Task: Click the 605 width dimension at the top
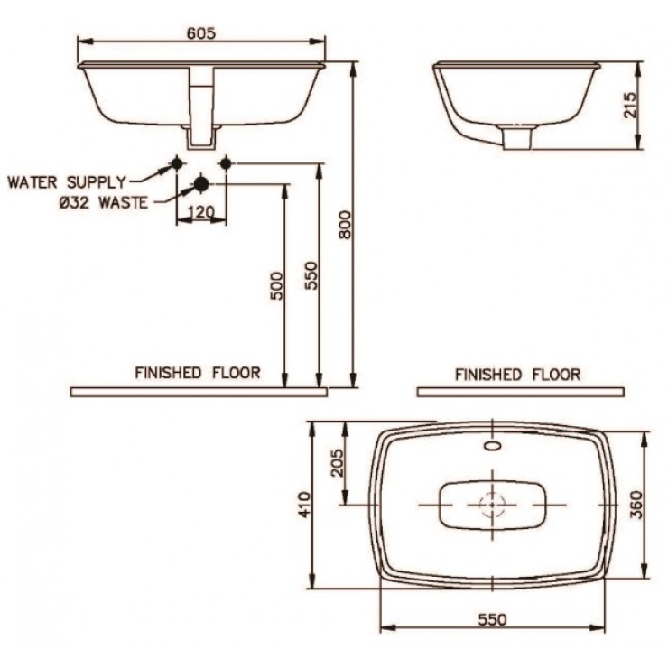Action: [x=200, y=32]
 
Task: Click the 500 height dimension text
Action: [x=276, y=285]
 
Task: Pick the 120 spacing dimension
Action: [x=199, y=213]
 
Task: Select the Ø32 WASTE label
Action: [x=102, y=203]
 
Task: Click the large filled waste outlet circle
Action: [x=200, y=184]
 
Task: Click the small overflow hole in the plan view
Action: [x=493, y=445]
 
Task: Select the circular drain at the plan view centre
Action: [x=492, y=504]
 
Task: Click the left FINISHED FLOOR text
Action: [x=198, y=372]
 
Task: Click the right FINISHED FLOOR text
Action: [x=517, y=373]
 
